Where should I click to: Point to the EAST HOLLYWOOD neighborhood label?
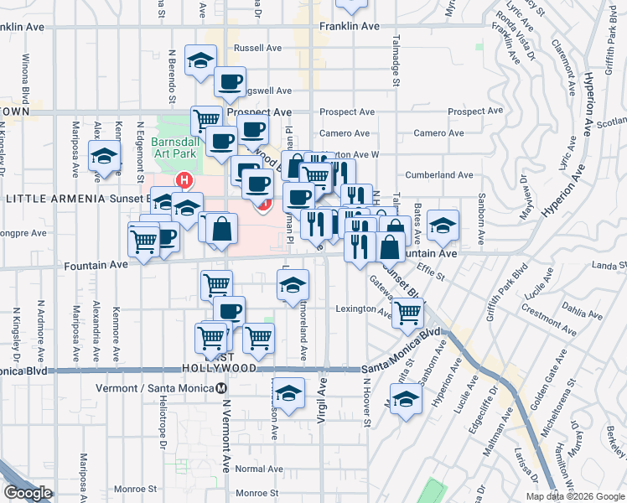pyautogui.click(x=220, y=368)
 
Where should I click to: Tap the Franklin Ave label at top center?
pyautogui.click(x=345, y=27)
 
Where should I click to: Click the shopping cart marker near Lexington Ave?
pyautogui.click(x=407, y=314)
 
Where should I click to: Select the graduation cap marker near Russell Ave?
pyautogui.click(x=200, y=60)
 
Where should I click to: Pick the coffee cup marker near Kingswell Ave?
pyautogui.click(x=230, y=82)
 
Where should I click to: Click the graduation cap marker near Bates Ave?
pyautogui.click(x=443, y=225)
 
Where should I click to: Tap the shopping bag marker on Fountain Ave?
pyautogui.click(x=390, y=247)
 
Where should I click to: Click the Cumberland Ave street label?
pyautogui.click(x=439, y=175)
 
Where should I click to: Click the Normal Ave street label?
pyautogui.click(x=250, y=469)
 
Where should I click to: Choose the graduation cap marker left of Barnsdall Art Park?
pyautogui.click(x=105, y=157)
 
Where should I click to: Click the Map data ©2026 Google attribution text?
pyautogui.click(x=574, y=496)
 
